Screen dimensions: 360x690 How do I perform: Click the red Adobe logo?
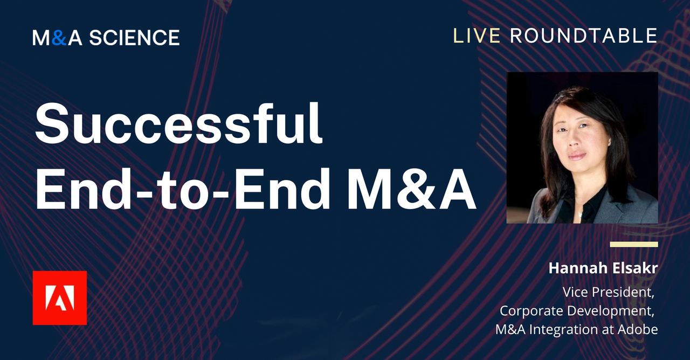(59, 298)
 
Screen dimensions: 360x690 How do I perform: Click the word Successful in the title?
(178, 125)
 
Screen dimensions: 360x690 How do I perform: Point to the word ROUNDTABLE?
(583, 36)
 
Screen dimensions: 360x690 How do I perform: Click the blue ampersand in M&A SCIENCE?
(60, 38)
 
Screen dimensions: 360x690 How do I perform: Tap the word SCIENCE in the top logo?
(134, 38)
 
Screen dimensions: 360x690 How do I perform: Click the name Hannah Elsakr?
(603, 268)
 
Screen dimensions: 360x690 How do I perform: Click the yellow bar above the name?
(634, 244)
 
